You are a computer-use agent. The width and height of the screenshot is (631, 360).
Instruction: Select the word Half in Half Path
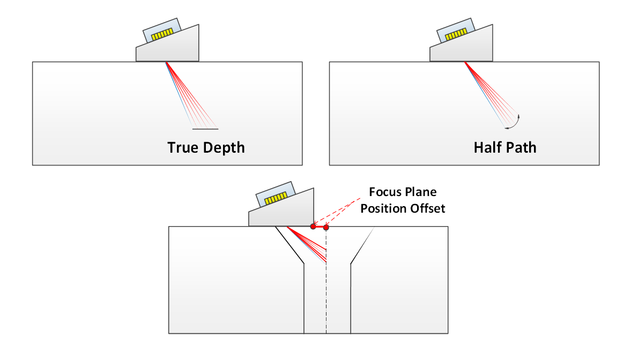tap(487, 148)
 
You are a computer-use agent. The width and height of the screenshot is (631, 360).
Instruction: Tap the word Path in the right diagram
tap(521, 148)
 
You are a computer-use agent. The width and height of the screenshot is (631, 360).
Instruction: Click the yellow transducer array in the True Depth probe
tap(162, 35)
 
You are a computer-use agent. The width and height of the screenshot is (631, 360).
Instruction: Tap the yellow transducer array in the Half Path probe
tap(456, 35)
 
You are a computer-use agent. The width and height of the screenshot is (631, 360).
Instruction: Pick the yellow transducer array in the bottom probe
tap(276, 198)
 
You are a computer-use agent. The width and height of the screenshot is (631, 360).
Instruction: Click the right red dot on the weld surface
tap(326, 227)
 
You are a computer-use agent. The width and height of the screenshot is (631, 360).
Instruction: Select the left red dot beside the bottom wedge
tap(313, 227)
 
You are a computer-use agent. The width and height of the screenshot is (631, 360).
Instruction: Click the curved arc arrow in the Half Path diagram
tap(516, 124)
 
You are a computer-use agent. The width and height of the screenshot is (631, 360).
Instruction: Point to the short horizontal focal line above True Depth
tap(205, 129)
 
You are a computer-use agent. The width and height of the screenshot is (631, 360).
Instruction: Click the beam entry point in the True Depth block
tap(166, 62)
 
